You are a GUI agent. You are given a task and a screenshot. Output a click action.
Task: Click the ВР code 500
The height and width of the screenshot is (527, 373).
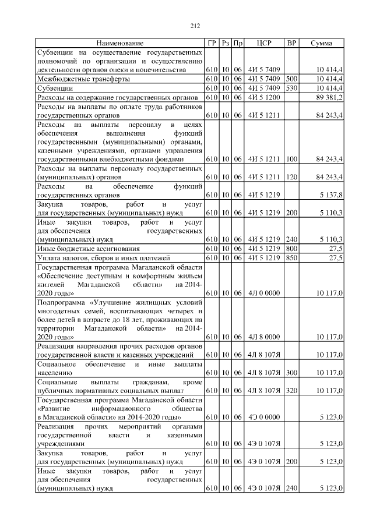[x=291, y=79]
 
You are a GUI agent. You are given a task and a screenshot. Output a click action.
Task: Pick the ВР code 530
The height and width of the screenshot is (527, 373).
[x=291, y=88]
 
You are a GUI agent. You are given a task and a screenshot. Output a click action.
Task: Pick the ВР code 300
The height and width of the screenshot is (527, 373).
[x=291, y=373]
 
